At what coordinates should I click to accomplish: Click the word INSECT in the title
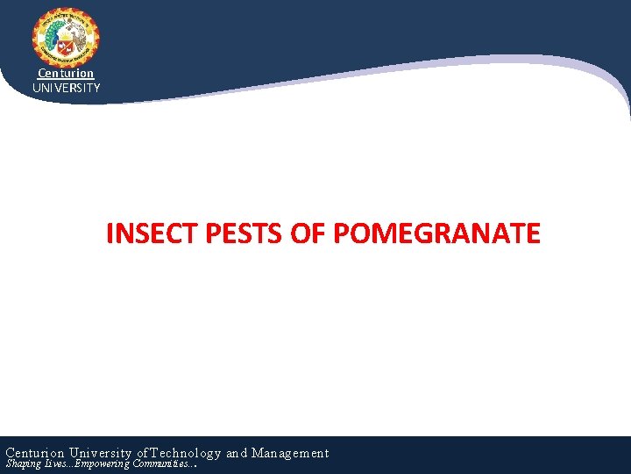tap(152, 233)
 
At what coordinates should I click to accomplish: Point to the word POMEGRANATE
tap(437, 233)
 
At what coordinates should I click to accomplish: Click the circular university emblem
tap(66, 38)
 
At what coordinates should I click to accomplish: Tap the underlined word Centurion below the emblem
tap(66, 74)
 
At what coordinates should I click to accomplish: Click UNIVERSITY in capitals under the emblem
tap(66, 88)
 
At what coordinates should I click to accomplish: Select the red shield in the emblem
tap(66, 44)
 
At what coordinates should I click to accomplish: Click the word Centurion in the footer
tap(37, 453)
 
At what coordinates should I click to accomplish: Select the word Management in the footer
tap(290, 453)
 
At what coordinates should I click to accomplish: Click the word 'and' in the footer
tap(237, 453)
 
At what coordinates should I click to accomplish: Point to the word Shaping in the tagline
tap(23, 463)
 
